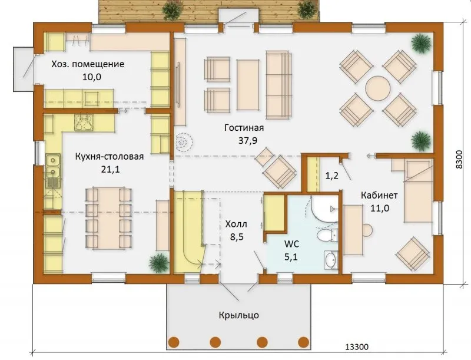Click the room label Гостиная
click(x=244, y=128)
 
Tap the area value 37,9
click(x=248, y=141)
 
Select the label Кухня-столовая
click(x=110, y=157)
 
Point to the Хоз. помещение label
click(x=88, y=64)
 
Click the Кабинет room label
click(x=379, y=196)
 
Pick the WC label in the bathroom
click(x=291, y=244)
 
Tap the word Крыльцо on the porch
click(x=239, y=315)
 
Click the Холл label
click(x=236, y=224)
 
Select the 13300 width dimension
click(x=357, y=347)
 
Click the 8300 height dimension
click(x=459, y=160)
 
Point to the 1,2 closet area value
click(x=332, y=176)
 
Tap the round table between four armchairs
click(x=378, y=88)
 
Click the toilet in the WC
click(x=327, y=235)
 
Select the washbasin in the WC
click(x=331, y=259)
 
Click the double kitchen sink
click(x=53, y=166)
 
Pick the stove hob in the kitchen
click(x=84, y=123)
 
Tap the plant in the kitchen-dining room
click(x=159, y=263)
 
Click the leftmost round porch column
click(x=174, y=342)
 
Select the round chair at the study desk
click(x=367, y=230)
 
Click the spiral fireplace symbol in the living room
click(x=183, y=141)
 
